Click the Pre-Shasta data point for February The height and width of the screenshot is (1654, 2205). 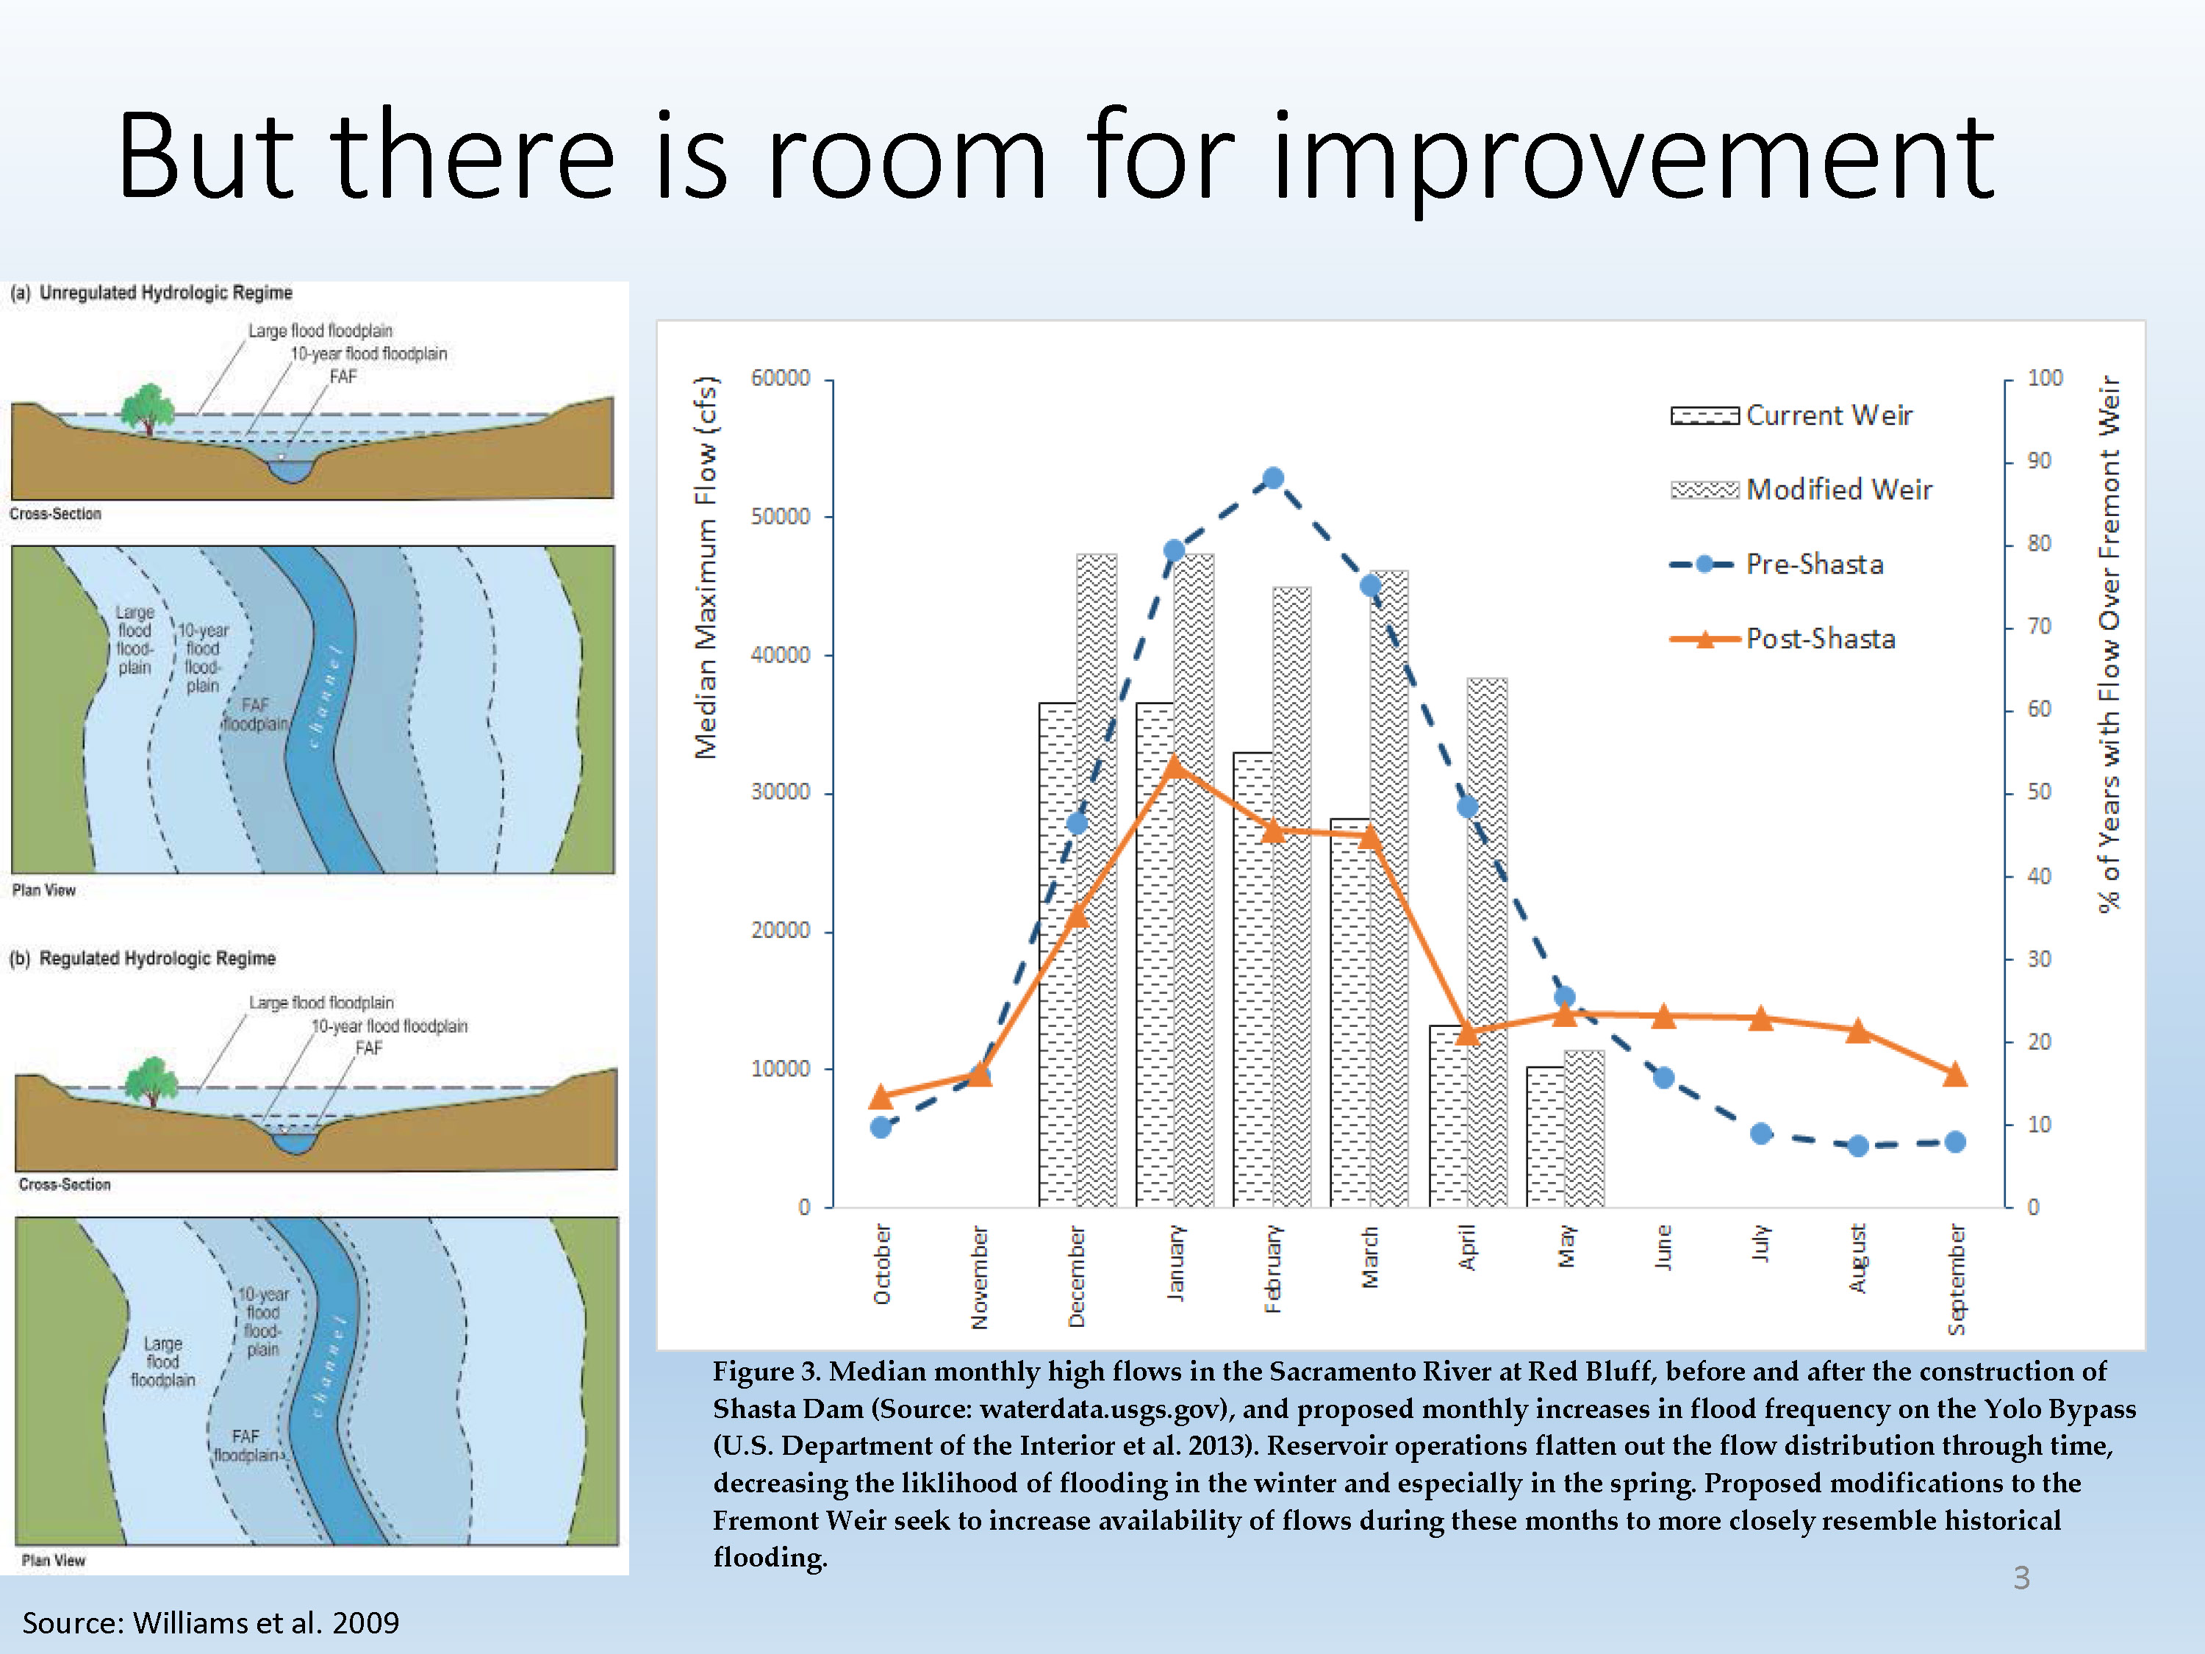click(1273, 479)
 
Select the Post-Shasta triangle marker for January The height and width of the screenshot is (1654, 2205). click(1175, 767)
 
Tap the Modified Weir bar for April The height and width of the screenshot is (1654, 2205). click(1488, 942)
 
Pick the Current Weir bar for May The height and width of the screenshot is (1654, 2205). click(1545, 1136)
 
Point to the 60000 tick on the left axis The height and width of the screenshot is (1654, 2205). click(781, 378)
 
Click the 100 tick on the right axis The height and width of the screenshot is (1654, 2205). click(2045, 378)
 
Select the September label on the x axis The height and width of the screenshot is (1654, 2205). click(1957, 1280)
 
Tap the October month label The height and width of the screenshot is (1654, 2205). click(882, 1264)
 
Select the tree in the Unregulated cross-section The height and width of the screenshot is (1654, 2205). click(148, 408)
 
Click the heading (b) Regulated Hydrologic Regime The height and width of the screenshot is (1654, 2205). click(143, 958)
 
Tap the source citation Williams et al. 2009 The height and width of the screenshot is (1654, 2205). click(210, 1622)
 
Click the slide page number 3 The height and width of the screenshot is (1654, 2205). click(2021, 1578)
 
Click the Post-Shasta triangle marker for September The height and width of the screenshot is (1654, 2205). click(1956, 1075)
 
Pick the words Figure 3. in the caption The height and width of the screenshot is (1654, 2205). click(767, 1372)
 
